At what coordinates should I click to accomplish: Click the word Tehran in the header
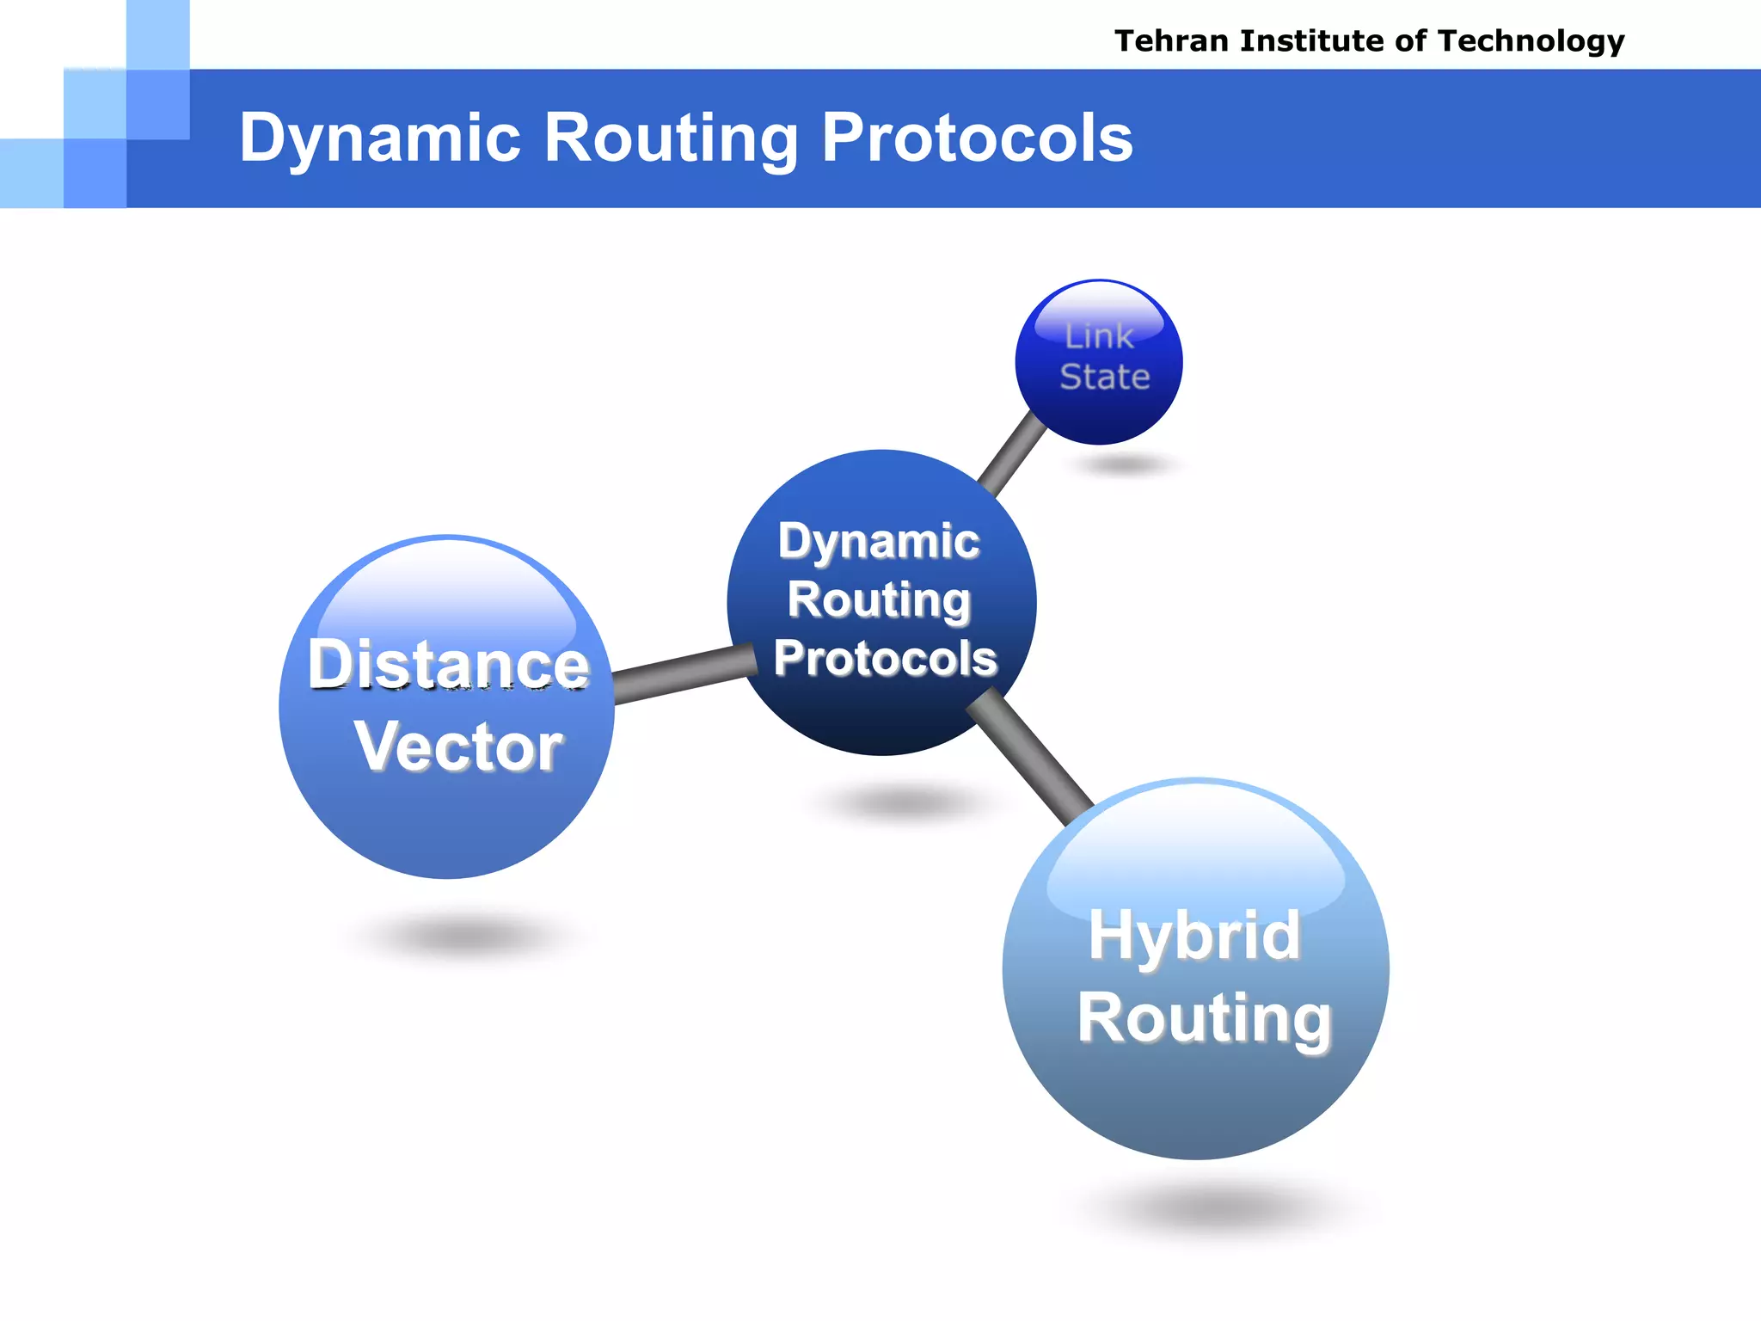tap(1172, 40)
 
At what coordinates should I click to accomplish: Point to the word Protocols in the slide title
tap(978, 138)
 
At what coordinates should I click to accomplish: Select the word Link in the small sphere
tap(1099, 337)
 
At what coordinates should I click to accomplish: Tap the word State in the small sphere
tap(1105, 377)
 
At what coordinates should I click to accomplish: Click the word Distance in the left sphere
tap(449, 665)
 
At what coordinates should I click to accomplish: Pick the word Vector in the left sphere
tap(458, 747)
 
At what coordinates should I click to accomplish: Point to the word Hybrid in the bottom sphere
tap(1194, 936)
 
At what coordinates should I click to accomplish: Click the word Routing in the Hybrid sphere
tap(1205, 1018)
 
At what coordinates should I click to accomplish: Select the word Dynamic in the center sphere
tap(879, 542)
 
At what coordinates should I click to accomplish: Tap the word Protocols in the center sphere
tap(885, 659)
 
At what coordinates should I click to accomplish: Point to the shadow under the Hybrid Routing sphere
tap(1221, 1208)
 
